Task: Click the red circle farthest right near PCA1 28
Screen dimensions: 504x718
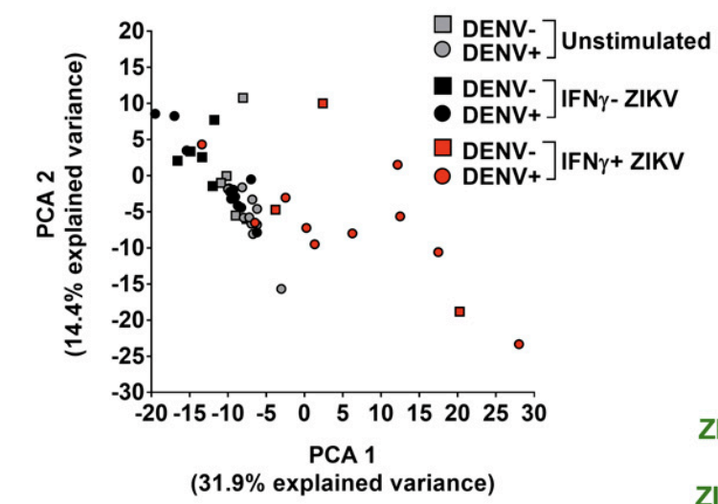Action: click(519, 344)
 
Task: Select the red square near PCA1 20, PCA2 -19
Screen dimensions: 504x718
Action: click(460, 311)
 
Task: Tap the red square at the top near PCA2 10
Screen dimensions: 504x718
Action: click(324, 103)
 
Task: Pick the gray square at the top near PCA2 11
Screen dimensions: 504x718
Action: click(243, 98)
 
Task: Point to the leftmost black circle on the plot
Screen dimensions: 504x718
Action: click(155, 113)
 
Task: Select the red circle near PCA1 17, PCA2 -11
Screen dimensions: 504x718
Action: click(438, 252)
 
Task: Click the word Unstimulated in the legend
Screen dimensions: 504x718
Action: click(636, 42)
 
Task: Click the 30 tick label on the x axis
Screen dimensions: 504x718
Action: click(535, 414)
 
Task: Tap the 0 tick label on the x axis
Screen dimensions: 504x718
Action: click(305, 414)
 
